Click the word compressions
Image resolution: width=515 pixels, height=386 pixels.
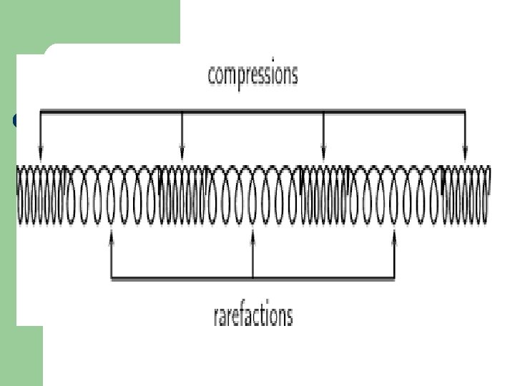pos(252,75)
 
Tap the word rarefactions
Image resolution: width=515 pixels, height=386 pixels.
pos(253,315)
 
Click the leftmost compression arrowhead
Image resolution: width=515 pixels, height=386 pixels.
pos(40,154)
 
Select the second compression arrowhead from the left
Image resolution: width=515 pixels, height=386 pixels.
pos(182,154)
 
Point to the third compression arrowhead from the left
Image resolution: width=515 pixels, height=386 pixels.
pos(323,154)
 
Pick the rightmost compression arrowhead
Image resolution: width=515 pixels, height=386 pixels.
pos(465,154)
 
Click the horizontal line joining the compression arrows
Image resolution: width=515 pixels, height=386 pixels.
pos(252,111)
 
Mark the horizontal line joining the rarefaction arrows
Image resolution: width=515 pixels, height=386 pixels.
pos(252,277)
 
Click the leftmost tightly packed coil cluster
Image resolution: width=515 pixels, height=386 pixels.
pos(41,194)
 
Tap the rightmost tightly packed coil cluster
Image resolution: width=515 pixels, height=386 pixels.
pos(466,194)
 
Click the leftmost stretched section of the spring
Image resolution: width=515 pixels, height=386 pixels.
pos(111,194)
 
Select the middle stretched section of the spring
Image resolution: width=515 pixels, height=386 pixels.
pos(252,194)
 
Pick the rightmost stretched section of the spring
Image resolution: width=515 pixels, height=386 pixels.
pos(394,194)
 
